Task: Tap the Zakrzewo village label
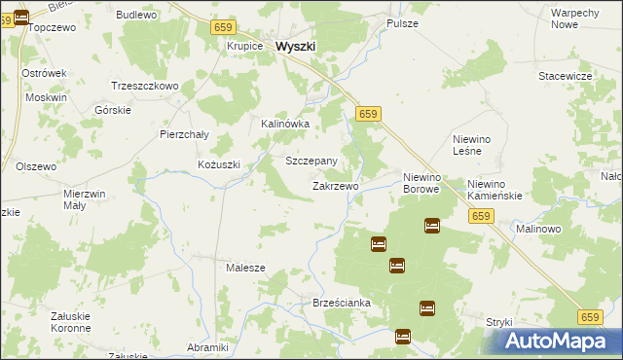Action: pos(335,186)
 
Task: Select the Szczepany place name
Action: pos(311,161)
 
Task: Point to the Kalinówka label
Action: pos(285,125)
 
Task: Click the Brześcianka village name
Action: pos(342,304)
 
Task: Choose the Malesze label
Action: pos(245,268)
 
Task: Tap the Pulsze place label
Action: pos(402,22)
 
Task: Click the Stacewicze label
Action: pos(566,75)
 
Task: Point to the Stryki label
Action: pos(498,321)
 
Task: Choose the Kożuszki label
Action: pos(218,164)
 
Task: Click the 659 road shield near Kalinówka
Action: pos(367,115)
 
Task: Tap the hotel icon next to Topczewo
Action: pos(21,17)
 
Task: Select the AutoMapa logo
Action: pos(562,341)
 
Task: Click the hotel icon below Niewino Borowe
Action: pos(432,226)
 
